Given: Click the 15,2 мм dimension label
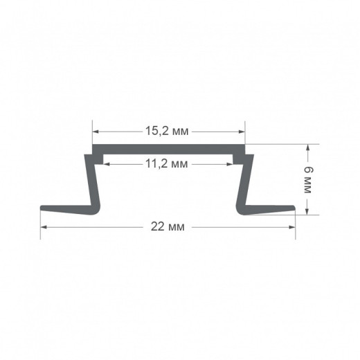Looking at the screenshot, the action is (167, 132).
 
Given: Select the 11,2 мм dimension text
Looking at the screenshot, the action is (167, 164).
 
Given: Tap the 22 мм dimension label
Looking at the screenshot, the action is (168, 226).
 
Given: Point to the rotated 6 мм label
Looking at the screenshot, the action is (307, 180).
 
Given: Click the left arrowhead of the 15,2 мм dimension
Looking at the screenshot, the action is (96, 132).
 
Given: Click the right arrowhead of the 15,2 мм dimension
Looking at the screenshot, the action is (242, 132).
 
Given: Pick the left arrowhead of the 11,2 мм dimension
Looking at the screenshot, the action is (107, 164).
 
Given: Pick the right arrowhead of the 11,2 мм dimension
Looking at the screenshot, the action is (230, 164).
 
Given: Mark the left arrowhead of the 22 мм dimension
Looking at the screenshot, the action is (44, 227).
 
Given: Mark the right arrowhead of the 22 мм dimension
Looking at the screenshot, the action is (292, 227).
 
